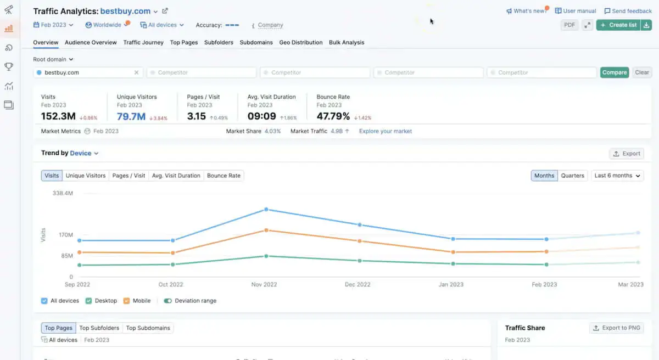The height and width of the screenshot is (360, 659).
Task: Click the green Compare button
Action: click(x=614, y=72)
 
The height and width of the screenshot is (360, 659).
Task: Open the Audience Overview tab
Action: click(x=91, y=42)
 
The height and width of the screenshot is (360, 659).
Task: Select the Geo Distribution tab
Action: click(x=300, y=42)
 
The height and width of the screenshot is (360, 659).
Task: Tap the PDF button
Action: click(x=569, y=25)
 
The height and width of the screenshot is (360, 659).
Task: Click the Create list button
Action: click(x=618, y=25)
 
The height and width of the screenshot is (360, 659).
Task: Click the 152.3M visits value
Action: click(x=58, y=116)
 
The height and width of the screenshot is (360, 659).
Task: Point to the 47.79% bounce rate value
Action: click(x=333, y=116)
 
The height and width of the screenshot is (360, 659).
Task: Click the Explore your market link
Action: click(x=385, y=131)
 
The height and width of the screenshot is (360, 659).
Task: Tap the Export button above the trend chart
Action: click(x=627, y=154)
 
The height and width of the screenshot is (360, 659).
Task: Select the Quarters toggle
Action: click(x=572, y=176)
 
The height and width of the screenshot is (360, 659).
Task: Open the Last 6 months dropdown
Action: click(x=617, y=176)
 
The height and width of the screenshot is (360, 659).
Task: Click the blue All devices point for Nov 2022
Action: click(x=266, y=209)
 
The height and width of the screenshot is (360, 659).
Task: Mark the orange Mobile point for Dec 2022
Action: click(x=360, y=241)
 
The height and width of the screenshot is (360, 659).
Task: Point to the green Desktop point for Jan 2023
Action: click(x=453, y=264)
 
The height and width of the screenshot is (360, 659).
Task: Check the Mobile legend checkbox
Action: click(x=126, y=301)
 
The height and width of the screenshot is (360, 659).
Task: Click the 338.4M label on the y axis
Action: click(x=63, y=193)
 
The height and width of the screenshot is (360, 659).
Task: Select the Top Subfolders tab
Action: click(x=99, y=328)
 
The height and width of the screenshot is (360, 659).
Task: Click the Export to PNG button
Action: click(x=616, y=328)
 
